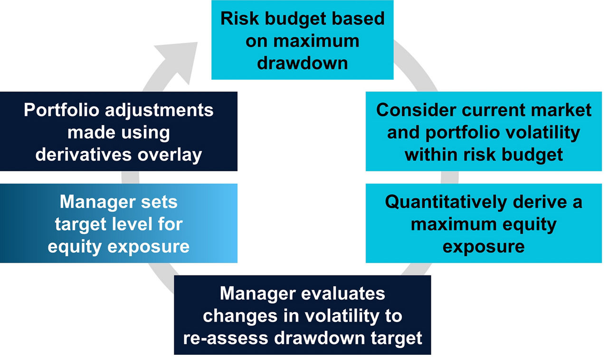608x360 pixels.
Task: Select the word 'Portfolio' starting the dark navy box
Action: point(61,110)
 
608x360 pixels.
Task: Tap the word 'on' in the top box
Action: point(256,41)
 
